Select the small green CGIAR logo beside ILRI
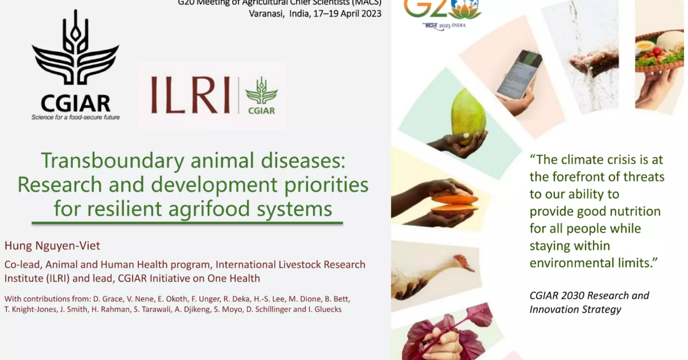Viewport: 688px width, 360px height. [261, 95]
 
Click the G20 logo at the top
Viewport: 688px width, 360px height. [443, 10]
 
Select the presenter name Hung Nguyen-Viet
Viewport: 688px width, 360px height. [52, 246]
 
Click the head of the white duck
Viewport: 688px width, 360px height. [462, 263]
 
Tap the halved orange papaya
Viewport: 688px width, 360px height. [454, 204]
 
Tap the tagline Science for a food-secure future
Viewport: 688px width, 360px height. [75, 118]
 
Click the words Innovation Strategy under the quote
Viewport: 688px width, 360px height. [575, 310]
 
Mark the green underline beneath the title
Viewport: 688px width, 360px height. [187, 222]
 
